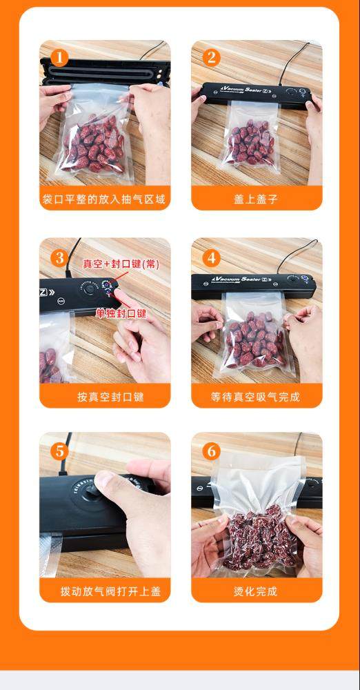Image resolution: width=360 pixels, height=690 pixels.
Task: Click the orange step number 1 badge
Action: [59, 58]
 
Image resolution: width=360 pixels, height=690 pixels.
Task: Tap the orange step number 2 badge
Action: [211, 58]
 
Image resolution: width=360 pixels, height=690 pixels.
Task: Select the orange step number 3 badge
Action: [59, 258]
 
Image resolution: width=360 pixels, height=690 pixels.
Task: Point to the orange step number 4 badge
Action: [211, 258]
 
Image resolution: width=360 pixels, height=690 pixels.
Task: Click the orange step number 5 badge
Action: [59, 451]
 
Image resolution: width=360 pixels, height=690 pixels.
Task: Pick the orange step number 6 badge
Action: [211, 451]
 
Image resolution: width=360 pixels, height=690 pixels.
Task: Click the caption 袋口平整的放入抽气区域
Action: [104, 199]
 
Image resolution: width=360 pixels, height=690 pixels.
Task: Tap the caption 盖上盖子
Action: [256, 199]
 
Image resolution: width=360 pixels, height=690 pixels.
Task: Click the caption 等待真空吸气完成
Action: [255, 397]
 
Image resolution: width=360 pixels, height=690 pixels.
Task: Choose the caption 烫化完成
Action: [256, 591]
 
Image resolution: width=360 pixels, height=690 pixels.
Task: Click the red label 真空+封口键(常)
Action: [121, 264]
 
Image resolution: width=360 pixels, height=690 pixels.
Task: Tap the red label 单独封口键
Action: [121, 313]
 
